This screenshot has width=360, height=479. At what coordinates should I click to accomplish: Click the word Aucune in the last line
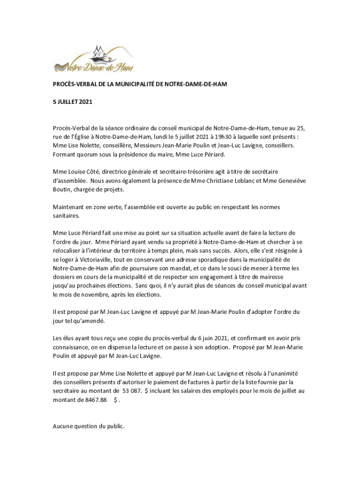64,427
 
